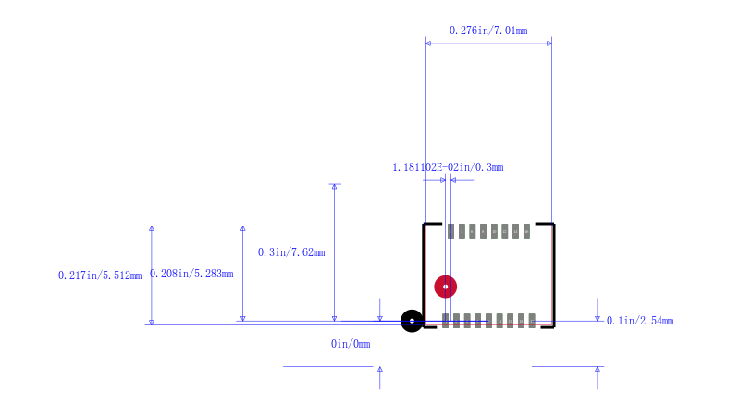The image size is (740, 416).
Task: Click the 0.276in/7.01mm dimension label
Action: (x=488, y=31)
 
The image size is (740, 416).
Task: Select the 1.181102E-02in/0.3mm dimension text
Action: (x=448, y=167)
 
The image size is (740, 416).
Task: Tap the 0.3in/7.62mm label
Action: (x=291, y=252)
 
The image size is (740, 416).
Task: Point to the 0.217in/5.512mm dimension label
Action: (x=100, y=275)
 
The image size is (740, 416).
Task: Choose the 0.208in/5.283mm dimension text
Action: (x=191, y=274)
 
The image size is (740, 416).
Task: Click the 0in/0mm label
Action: (x=351, y=344)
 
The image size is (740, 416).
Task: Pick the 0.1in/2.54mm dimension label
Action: (x=640, y=321)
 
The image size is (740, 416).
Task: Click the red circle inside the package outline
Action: (x=446, y=287)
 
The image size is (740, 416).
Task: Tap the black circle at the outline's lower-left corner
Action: (x=412, y=321)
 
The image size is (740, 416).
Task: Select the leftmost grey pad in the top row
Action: (x=450, y=231)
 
